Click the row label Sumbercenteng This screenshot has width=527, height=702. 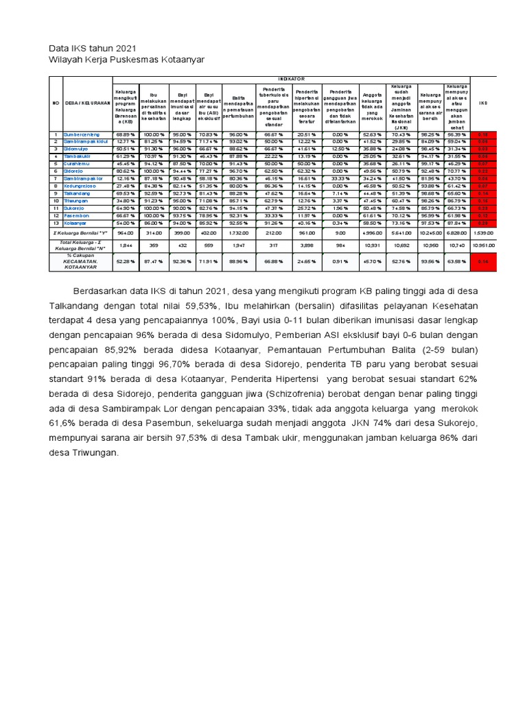click(82, 134)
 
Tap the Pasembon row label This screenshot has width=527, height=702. click(77, 215)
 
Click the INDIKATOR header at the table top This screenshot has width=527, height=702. click(292, 80)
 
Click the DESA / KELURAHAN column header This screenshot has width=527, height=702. click(87, 104)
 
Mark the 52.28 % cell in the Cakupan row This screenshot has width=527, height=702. click(126, 261)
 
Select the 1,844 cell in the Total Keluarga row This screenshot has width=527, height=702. click(126, 244)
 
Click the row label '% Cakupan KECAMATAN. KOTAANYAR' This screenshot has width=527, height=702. click(80, 261)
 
